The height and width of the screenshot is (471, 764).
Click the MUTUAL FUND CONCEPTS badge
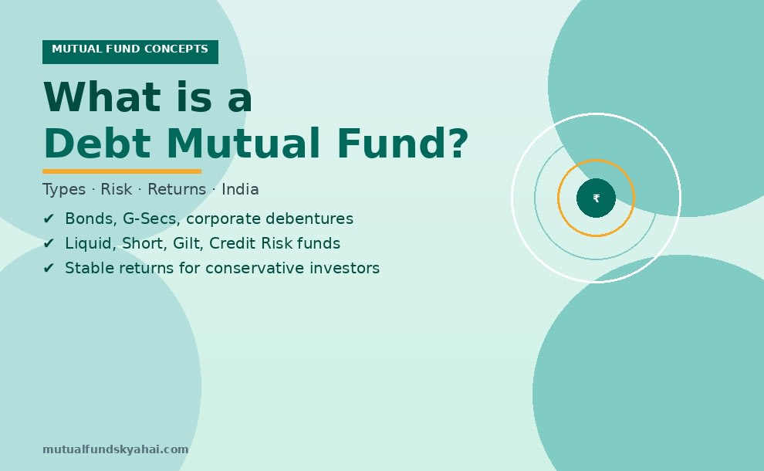[130, 51]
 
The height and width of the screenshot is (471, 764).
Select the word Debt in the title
[97, 144]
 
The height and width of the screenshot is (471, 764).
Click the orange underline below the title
[122, 171]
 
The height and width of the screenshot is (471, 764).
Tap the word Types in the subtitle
[64, 190]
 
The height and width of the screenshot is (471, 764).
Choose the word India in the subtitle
[240, 190]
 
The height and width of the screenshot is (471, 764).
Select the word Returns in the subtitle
[177, 190]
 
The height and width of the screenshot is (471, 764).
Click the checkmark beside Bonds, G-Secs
[49, 219]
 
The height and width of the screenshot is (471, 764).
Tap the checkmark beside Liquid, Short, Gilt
[49, 244]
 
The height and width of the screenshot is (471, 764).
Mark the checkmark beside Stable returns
[49, 269]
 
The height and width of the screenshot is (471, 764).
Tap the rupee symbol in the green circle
[596, 198]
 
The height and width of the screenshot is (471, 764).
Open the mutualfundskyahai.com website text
[116, 449]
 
